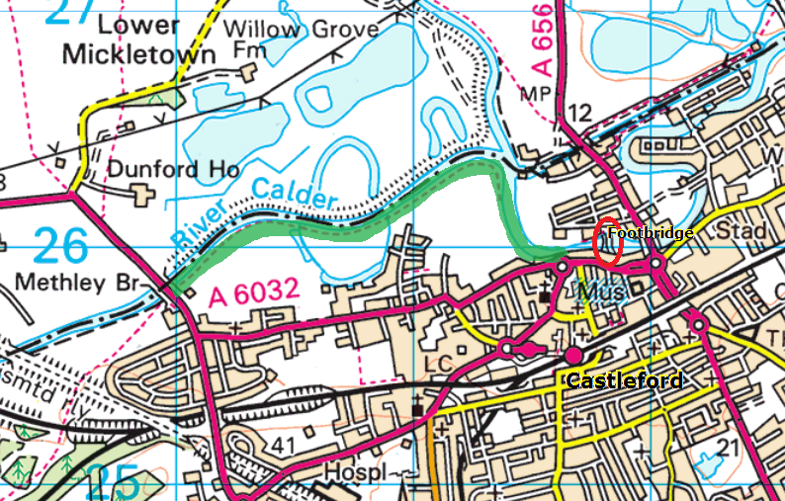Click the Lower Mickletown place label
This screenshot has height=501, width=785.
tap(137, 42)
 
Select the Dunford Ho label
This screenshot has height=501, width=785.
tap(173, 170)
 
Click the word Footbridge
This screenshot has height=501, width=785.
tap(650, 234)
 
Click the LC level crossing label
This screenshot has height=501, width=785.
tap(437, 364)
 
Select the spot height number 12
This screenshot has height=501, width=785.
tap(580, 115)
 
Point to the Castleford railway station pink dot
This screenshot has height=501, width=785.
tap(573, 354)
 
